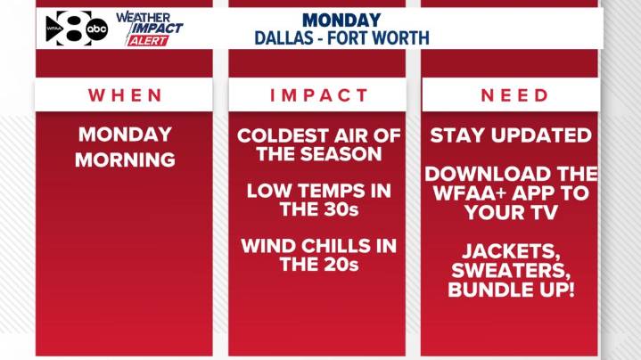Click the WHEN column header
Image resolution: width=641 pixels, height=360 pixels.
[x=124, y=95]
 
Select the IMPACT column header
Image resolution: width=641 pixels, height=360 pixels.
[x=317, y=95]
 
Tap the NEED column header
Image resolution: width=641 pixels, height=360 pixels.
[x=511, y=95]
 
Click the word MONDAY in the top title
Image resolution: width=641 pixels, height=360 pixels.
[x=341, y=20]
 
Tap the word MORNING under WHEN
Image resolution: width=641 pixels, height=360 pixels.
[x=124, y=161]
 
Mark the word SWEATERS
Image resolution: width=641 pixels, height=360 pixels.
[x=511, y=272]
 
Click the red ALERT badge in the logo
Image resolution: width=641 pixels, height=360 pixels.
[x=147, y=41]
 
